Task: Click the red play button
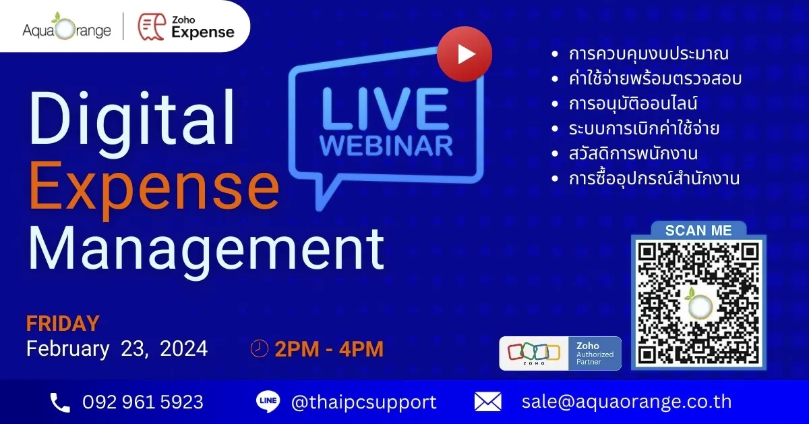click(465, 54)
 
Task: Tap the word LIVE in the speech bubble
click(385, 109)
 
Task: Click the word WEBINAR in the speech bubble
click(386, 146)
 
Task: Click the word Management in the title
click(206, 250)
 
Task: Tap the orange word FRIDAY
click(63, 323)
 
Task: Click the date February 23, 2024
click(117, 349)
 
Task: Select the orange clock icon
click(260, 349)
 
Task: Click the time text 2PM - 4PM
click(329, 349)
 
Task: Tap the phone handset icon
click(60, 402)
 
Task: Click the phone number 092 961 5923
click(143, 402)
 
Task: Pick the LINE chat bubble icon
click(268, 402)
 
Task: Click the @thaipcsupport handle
click(363, 402)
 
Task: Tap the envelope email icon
click(487, 402)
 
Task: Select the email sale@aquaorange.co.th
click(626, 402)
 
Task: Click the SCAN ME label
click(698, 230)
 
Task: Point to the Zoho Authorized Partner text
click(595, 354)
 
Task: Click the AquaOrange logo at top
click(67, 26)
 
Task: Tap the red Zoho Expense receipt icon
click(152, 27)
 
